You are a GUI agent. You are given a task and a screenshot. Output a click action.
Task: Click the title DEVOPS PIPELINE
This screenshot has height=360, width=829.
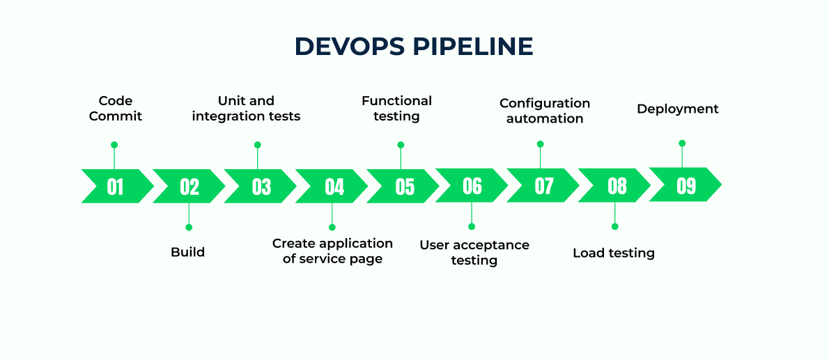(414, 46)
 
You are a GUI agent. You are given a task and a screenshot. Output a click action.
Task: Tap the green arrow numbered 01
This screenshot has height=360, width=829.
(116, 186)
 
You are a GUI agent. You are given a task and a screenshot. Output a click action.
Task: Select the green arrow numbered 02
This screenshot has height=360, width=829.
(189, 186)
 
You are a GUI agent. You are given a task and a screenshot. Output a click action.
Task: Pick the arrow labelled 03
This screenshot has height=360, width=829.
(261, 186)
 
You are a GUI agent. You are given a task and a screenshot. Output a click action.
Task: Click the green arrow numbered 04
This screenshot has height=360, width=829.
(334, 186)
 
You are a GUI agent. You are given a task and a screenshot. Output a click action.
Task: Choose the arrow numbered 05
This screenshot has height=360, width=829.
(404, 186)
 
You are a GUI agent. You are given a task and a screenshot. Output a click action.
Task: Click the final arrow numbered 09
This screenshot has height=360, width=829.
(685, 185)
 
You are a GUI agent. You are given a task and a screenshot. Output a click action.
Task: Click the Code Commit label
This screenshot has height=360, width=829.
(116, 109)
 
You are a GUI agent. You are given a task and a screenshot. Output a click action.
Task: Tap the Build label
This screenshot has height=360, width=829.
(188, 251)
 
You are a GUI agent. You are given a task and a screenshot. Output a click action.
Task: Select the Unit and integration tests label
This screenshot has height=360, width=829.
(246, 109)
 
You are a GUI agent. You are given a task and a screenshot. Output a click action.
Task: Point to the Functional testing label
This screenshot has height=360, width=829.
(396, 109)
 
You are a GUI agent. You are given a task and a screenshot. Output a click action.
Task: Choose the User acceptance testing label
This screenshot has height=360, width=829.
(474, 252)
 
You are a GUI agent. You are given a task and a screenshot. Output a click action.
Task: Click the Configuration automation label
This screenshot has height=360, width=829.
(545, 111)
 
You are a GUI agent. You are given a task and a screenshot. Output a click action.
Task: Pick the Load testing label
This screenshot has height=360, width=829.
(614, 253)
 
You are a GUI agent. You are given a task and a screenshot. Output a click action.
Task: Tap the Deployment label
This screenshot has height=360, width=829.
(678, 109)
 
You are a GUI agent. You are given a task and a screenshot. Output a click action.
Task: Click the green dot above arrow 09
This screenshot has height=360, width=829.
(682, 143)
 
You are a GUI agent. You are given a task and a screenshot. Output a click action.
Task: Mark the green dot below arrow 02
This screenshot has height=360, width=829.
(189, 227)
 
